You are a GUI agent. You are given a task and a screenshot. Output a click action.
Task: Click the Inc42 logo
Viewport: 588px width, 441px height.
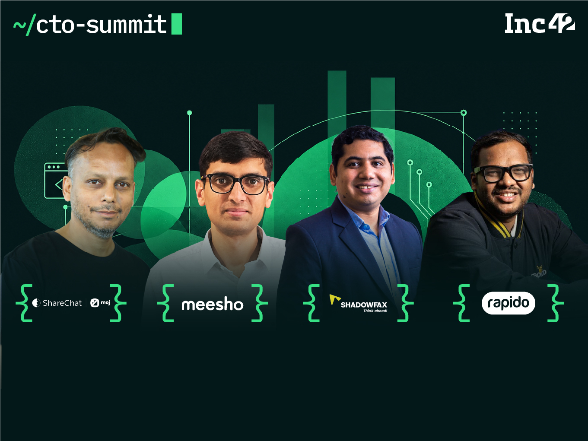(x=540, y=23)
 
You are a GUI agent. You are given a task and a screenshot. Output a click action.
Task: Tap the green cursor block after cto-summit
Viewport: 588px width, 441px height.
(x=177, y=24)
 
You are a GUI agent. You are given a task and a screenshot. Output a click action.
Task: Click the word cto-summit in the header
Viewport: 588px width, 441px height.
(x=101, y=24)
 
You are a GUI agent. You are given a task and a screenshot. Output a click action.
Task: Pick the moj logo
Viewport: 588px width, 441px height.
(x=100, y=303)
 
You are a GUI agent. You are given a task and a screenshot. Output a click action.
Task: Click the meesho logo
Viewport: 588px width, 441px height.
(x=213, y=304)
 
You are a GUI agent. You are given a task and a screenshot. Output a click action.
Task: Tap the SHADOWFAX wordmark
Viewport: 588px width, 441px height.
(x=364, y=305)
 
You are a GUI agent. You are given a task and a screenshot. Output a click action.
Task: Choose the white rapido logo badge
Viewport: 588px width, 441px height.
(x=508, y=303)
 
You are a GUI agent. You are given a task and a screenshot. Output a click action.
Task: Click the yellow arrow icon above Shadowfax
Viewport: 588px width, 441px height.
(x=334, y=299)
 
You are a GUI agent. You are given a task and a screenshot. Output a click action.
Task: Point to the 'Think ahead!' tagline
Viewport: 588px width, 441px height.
(x=375, y=311)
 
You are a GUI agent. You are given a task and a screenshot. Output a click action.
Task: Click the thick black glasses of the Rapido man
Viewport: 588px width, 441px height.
(x=503, y=173)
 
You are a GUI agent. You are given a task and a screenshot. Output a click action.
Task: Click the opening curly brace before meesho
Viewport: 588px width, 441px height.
(x=165, y=303)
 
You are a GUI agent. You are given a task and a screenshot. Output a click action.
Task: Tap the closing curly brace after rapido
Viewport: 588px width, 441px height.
(x=556, y=303)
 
